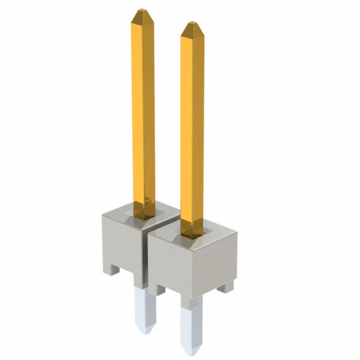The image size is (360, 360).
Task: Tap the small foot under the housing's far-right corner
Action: [x=226, y=286]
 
